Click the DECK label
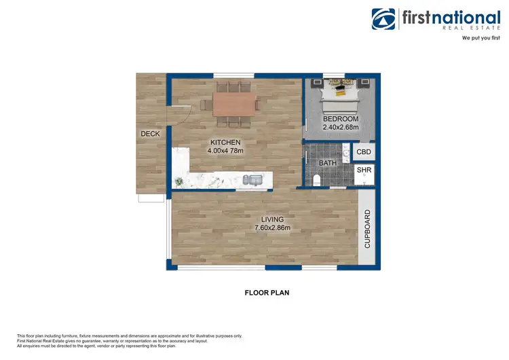(x=150, y=134)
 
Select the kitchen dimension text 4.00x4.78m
(x=225, y=151)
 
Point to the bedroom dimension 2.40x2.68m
(x=340, y=128)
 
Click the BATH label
(x=328, y=164)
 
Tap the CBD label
(x=364, y=153)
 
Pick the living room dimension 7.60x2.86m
(x=272, y=228)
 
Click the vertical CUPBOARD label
(x=367, y=228)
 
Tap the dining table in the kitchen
(x=235, y=104)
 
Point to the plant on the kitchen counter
(x=179, y=181)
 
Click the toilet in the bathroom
(x=317, y=179)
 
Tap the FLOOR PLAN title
(x=267, y=293)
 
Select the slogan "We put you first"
(x=481, y=39)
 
